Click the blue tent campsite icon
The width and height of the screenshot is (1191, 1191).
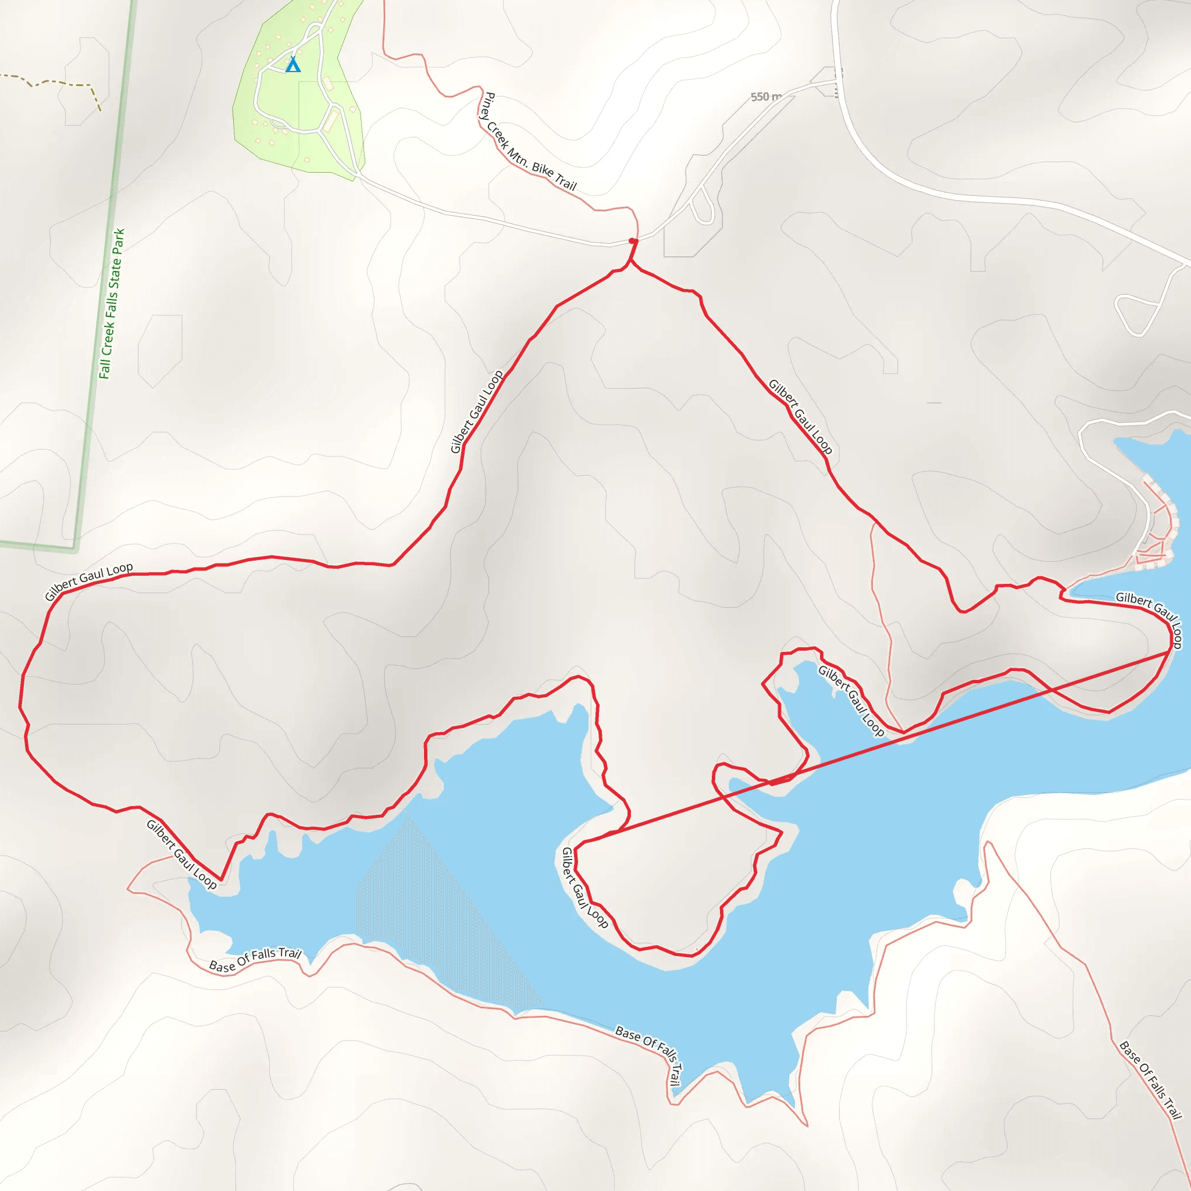293,64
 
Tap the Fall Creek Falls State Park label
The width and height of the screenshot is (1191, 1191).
112,304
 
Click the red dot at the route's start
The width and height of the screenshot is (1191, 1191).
633,241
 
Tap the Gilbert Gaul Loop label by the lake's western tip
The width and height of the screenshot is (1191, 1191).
181,854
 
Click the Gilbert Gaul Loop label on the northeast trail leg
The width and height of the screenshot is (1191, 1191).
800,417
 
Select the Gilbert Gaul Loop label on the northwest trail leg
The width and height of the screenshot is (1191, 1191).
476,412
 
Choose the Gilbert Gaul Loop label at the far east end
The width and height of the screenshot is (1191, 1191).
1150,619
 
